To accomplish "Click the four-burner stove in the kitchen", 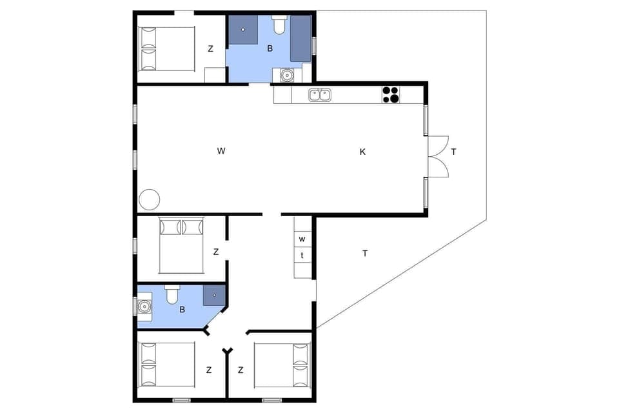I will pyautogui.click(x=390, y=94).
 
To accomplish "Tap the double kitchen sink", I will pyautogui.click(x=319, y=96).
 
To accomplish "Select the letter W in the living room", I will pyautogui.click(x=221, y=151).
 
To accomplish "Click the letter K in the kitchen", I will pyautogui.click(x=362, y=152).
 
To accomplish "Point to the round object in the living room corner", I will pyautogui.click(x=150, y=199).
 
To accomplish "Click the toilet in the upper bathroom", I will pyautogui.click(x=279, y=25).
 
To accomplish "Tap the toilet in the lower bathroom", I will pyautogui.click(x=172, y=295).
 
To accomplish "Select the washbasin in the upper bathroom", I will pyautogui.click(x=287, y=75).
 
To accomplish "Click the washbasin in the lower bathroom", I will pyautogui.click(x=144, y=305).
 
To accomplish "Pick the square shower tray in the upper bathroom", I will pyautogui.click(x=243, y=30).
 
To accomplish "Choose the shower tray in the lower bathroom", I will pyautogui.click(x=213, y=295).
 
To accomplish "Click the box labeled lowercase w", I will pyautogui.click(x=302, y=239).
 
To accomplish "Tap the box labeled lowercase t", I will pyautogui.click(x=302, y=256).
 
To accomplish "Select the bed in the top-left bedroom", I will pyautogui.click(x=166, y=48).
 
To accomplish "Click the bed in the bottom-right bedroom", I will pyautogui.click(x=282, y=365).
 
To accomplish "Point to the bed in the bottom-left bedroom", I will pyautogui.click(x=166, y=365).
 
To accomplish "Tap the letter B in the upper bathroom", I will pyautogui.click(x=270, y=48).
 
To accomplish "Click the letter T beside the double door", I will pyautogui.click(x=454, y=152).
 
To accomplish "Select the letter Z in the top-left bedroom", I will pyautogui.click(x=210, y=48).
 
